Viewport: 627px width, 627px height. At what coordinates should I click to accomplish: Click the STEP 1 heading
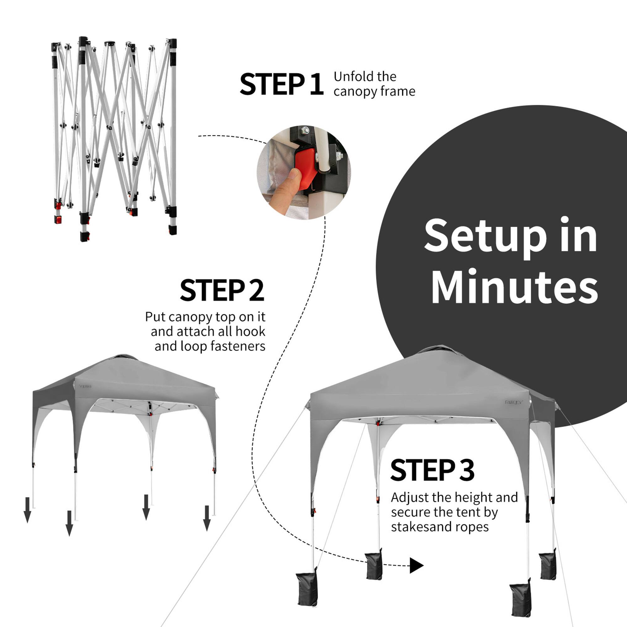click(281, 84)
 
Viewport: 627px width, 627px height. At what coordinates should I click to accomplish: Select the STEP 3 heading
click(432, 470)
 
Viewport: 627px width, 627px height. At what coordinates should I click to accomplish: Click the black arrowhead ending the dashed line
click(416, 565)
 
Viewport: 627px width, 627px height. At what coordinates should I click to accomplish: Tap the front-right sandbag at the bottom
click(520, 600)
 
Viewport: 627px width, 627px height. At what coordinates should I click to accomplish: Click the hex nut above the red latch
click(305, 130)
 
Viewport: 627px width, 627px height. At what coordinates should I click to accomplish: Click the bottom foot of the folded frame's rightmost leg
click(173, 230)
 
